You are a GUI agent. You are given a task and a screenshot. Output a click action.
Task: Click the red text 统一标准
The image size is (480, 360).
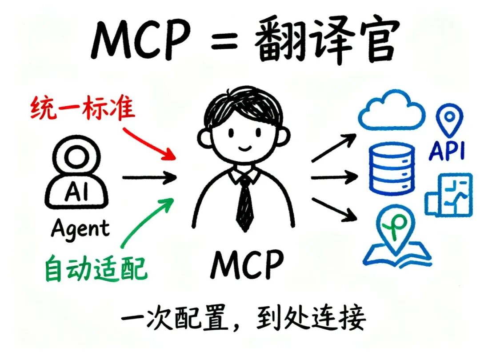pos(82,108)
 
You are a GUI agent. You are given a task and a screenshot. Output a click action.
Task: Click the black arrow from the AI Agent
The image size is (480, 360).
pos(149,178)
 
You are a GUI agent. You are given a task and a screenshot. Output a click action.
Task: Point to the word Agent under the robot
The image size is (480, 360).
pos(80,229)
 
